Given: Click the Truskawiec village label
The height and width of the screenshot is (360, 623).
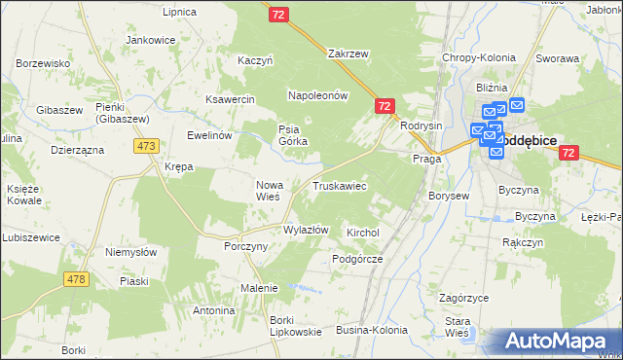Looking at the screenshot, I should (339, 185).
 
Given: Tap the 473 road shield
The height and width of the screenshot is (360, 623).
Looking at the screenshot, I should (147, 146).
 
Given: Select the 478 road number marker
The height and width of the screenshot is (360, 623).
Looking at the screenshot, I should (76, 278).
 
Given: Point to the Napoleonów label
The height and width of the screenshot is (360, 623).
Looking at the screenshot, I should (317, 95).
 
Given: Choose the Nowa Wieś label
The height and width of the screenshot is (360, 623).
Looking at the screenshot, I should (268, 190).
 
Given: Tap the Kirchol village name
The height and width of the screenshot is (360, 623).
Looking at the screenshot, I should (362, 234).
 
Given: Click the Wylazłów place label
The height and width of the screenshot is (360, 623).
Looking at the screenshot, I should (306, 230).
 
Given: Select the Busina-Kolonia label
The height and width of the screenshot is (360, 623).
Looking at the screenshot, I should (372, 331).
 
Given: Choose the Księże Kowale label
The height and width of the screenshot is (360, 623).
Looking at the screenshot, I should (23, 194).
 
